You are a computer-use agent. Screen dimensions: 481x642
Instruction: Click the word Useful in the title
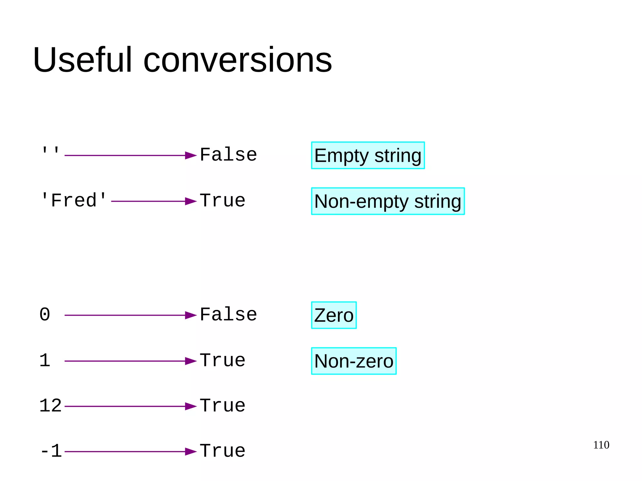(x=82, y=60)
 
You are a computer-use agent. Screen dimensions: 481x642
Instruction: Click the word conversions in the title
(x=237, y=60)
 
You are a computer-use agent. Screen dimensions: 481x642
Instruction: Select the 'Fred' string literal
(x=74, y=201)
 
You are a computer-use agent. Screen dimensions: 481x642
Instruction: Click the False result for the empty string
(x=228, y=155)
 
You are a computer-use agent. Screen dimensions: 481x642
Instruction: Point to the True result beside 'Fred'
(x=223, y=201)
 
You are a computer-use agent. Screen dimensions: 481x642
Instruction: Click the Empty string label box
(x=368, y=155)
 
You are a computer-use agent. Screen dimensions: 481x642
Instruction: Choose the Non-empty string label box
(x=388, y=201)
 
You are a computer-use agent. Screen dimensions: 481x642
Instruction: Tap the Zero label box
(x=334, y=315)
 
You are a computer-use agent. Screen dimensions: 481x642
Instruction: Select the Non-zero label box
(x=354, y=361)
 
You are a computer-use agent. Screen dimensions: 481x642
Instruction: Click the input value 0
(x=45, y=315)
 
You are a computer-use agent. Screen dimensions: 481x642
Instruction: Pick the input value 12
(x=50, y=406)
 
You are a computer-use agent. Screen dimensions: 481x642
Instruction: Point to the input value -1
(x=51, y=451)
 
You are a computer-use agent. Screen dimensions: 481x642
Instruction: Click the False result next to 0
(x=228, y=315)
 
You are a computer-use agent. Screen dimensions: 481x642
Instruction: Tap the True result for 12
(x=223, y=406)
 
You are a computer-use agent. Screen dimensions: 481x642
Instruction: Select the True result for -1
(x=223, y=451)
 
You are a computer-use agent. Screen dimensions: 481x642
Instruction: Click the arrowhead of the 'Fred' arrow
(x=191, y=201)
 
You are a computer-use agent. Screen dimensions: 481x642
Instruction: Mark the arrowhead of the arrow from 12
(x=191, y=406)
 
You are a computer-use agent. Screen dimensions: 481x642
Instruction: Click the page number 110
(x=601, y=445)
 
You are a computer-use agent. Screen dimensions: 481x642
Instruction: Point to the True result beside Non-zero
(x=223, y=360)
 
